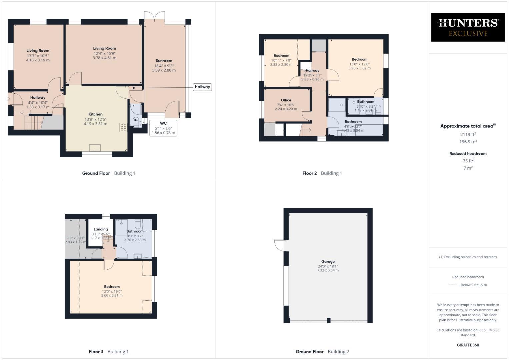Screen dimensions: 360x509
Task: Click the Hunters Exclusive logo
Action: point(468,27)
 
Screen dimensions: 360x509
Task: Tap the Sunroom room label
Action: point(164,61)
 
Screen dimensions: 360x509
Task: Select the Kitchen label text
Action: point(95,114)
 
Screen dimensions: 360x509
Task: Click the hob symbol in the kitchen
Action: point(123,127)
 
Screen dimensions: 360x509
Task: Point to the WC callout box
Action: point(163,128)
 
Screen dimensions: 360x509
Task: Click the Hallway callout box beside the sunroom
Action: point(202,87)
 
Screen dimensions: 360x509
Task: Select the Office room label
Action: point(286,100)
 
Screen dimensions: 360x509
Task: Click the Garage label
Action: point(328,262)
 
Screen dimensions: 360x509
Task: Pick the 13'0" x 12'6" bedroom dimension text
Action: point(359,64)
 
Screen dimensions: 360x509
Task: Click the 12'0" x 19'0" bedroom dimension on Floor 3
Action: point(112,291)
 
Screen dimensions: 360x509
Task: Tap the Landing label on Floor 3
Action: point(101,229)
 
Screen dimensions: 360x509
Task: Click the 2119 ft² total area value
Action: point(468,134)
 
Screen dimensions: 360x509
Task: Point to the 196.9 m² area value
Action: point(468,142)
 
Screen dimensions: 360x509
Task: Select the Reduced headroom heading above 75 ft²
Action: point(468,154)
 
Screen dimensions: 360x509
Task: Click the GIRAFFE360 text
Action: point(468,345)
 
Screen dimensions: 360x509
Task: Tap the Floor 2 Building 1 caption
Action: point(322,173)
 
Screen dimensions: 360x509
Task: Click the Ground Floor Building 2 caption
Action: point(322,351)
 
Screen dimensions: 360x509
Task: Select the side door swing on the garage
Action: point(279,245)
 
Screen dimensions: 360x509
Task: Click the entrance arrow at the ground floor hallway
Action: point(8,99)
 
